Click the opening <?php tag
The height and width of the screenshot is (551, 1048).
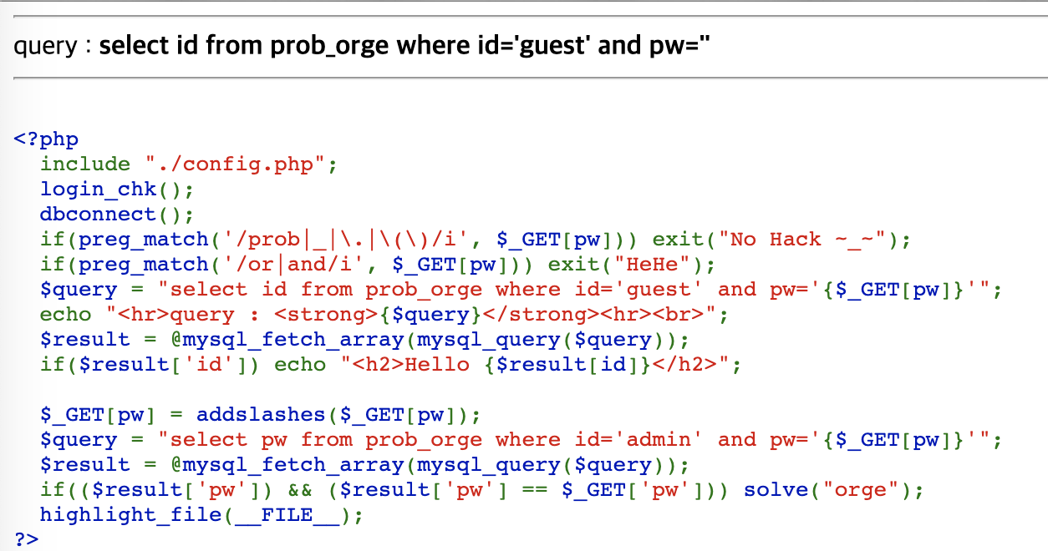click(46, 139)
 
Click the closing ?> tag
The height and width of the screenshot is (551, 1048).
click(26, 539)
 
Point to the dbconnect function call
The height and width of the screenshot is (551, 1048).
click(99, 214)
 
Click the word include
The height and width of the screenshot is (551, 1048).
click(85, 164)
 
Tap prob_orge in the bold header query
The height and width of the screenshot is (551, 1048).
click(329, 45)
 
